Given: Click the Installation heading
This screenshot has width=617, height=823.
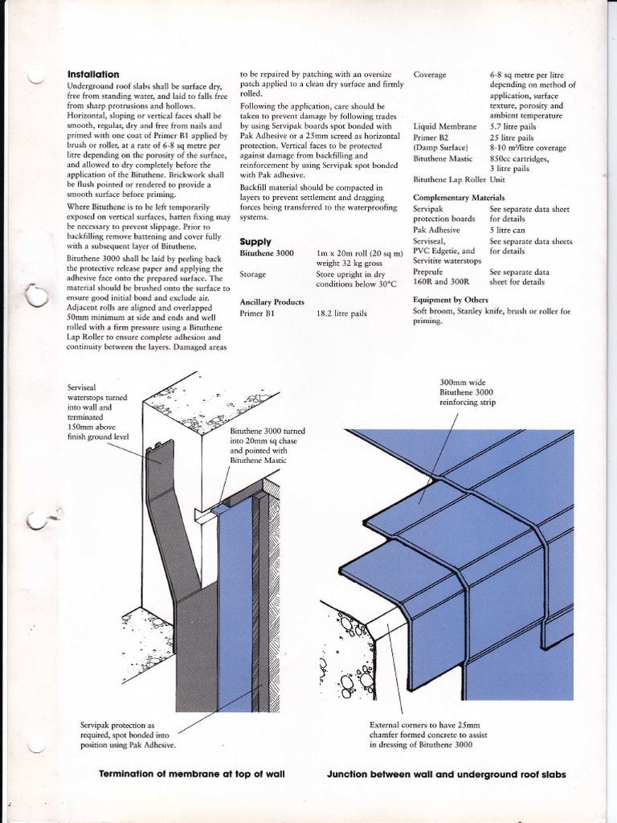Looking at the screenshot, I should pyautogui.click(x=93, y=74).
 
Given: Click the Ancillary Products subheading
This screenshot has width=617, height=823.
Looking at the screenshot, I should pyautogui.click(x=272, y=301).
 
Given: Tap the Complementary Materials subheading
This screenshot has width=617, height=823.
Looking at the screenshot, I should pyautogui.click(x=459, y=197).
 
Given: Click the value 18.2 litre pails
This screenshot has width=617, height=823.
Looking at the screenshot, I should pyautogui.click(x=341, y=313).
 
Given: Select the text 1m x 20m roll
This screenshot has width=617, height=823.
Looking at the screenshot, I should pyautogui.click(x=347, y=253).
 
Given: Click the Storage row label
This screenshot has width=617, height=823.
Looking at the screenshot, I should pyautogui.click(x=253, y=274).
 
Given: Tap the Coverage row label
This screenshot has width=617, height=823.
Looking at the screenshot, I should pyautogui.click(x=430, y=75).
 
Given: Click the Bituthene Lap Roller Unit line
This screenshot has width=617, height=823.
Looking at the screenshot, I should pyautogui.click(x=462, y=180).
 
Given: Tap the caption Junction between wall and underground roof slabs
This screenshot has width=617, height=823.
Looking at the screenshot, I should pyautogui.click(x=446, y=775).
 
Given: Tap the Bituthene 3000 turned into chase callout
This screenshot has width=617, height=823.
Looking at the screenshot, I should pyautogui.click(x=266, y=446).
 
